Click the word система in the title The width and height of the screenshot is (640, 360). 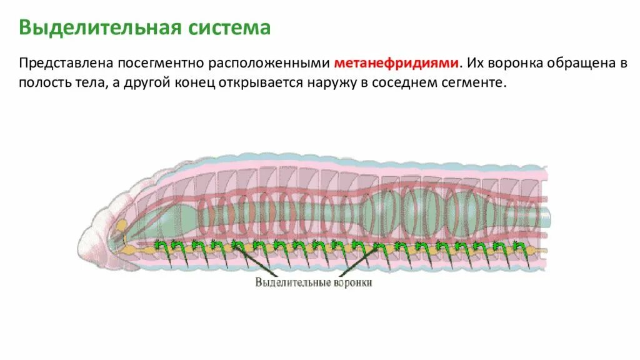tap(228, 28)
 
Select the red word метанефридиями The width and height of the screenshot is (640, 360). tap(397, 63)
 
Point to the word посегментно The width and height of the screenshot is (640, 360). tap(153, 63)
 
